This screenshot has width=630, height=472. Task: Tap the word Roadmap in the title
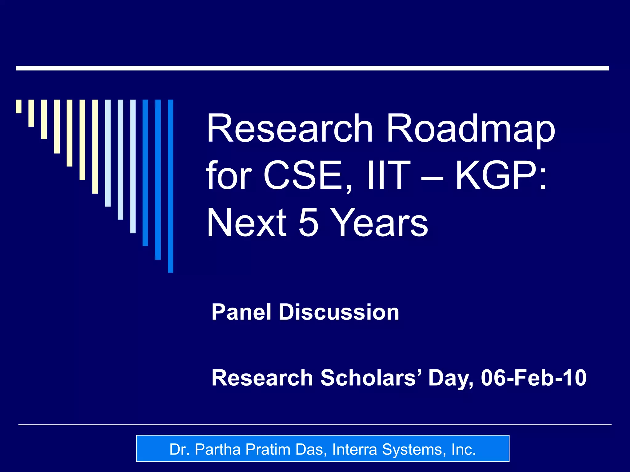[471, 129]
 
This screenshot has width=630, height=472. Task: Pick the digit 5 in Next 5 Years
[309, 222]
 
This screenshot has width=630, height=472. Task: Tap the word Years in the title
[381, 222]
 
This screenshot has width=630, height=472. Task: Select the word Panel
[241, 312]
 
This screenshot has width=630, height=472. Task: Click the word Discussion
[339, 312]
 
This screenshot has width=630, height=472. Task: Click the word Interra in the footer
[354, 449]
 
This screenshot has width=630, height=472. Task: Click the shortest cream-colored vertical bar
[19, 106]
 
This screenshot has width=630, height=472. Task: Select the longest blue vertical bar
[170, 186]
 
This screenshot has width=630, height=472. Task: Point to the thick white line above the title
[312, 68]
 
